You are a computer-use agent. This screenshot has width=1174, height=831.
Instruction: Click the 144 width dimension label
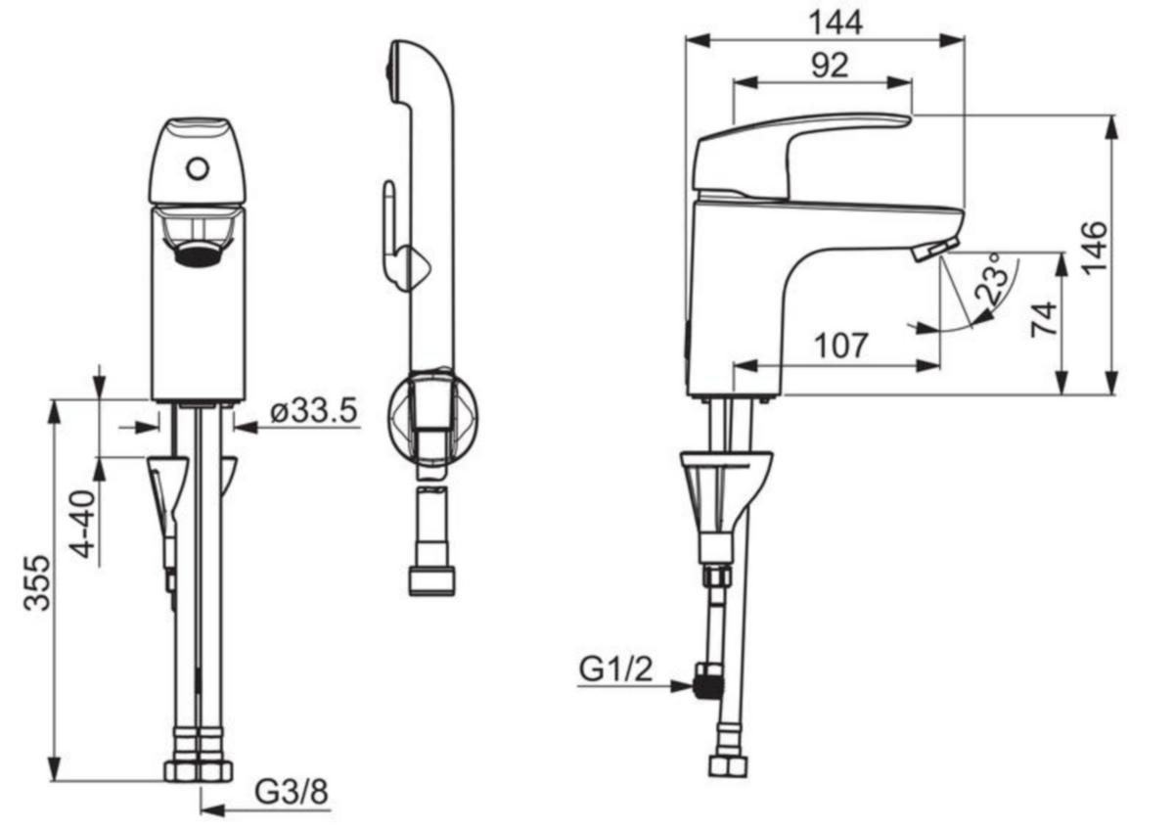(x=835, y=23)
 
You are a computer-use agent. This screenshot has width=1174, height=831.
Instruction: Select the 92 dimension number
(x=830, y=66)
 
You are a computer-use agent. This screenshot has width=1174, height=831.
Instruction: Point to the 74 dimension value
(x=1044, y=319)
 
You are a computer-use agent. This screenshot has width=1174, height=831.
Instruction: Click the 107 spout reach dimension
(x=841, y=346)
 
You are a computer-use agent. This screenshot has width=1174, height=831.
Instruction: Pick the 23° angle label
(x=992, y=278)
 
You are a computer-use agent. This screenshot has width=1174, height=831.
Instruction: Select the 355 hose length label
(x=38, y=583)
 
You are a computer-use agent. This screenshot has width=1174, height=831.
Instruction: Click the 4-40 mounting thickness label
(x=84, y=525)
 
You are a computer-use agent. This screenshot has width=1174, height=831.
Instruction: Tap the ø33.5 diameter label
(x=314, y=410)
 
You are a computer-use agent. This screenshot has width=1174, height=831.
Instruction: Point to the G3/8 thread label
(x=292, y=792)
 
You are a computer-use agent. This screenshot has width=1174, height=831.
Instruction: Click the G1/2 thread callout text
(x=615, y=670)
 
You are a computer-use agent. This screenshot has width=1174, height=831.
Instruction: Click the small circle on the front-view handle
(x=198, y=169)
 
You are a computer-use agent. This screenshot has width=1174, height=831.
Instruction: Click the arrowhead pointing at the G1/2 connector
(x=683, y=686)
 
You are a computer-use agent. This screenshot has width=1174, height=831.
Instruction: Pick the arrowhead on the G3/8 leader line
(x=212, y=811)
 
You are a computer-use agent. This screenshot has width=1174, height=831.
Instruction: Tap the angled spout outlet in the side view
(x=935, y=249)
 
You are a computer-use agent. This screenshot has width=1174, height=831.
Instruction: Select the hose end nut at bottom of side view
(x=728, y=766)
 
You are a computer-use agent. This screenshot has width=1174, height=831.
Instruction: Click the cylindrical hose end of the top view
(x=431, y=541)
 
